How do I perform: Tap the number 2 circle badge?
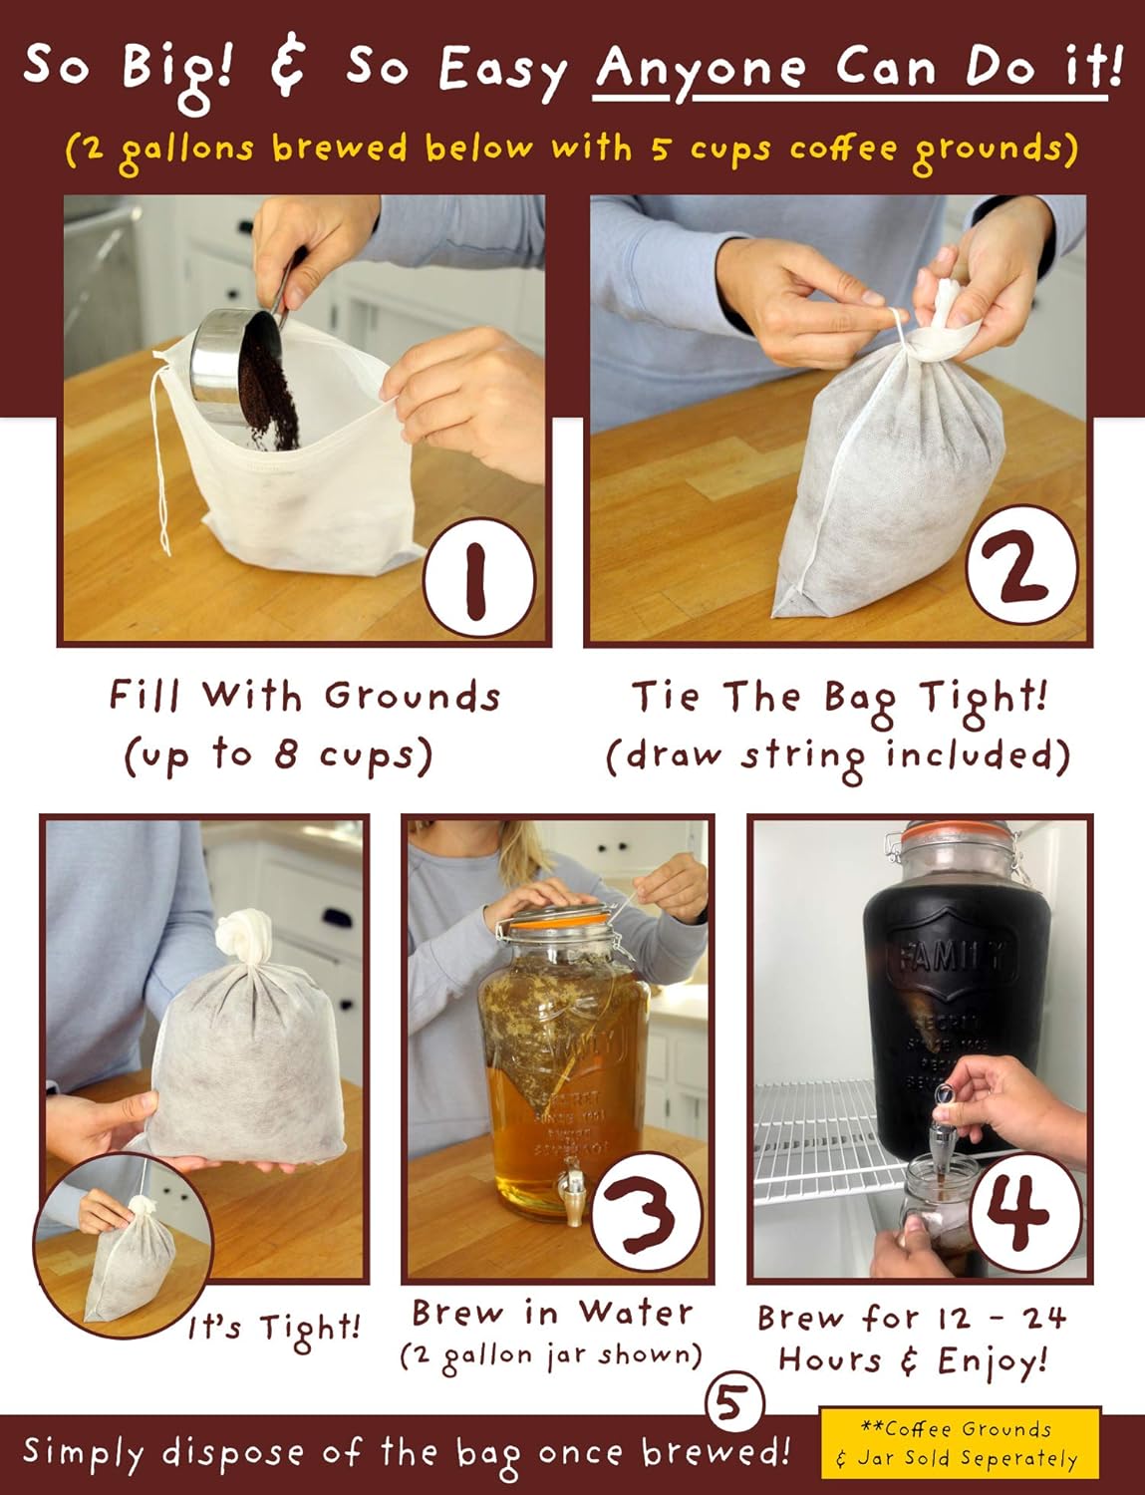click(1021, 564)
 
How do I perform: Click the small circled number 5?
click(733, 1403)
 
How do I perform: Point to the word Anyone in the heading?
click(700, 70)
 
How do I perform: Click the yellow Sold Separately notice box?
click(961, 1444)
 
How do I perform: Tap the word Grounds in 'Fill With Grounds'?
click(413, 697)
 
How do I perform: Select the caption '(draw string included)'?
click(838, 756)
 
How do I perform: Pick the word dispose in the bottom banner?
click(235, 1453)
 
